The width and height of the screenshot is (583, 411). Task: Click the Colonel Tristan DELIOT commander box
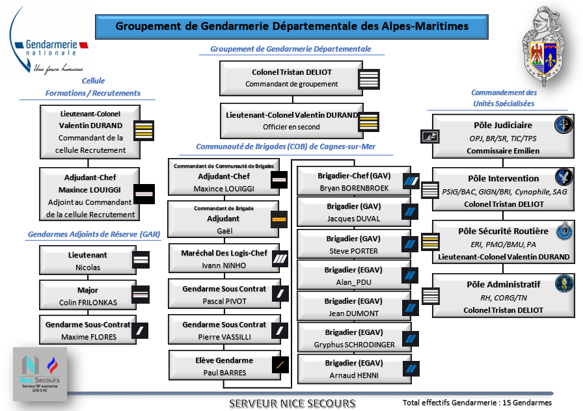pyautogui.click(x=291, y=78)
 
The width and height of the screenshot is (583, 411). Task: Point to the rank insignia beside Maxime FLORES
pyautogui.click(x=141, y=331)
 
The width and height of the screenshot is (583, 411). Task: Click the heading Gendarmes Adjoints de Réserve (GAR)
pyautogui.click(x=94, y=234)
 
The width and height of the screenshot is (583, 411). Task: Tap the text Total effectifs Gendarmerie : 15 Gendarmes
pyautogui.click(x=477, y=403)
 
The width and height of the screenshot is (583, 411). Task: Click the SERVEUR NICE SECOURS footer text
pyautogui.click(x=292, y=403)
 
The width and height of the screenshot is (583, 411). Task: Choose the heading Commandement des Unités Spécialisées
pyautogui.click(x=504, y=98)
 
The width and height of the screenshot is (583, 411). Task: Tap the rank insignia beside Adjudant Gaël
pyautogui.click(x=279, y=220)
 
